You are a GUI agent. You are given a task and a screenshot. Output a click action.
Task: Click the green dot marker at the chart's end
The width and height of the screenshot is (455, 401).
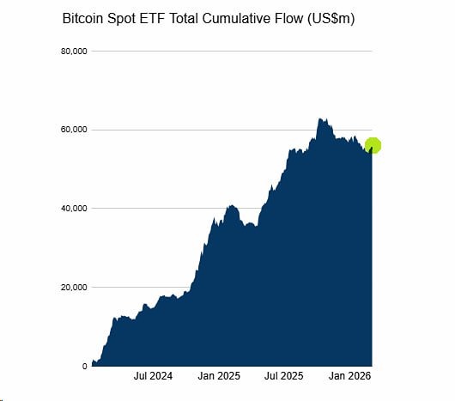(x=373, y=145)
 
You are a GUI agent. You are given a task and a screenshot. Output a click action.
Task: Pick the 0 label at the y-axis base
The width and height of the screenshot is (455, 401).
(x=84, y=366)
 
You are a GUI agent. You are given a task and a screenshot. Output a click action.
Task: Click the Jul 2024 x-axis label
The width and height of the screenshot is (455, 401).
(x=153, y=376)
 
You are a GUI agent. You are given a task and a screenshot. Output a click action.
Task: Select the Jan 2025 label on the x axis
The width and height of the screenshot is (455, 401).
(x=218, y=376)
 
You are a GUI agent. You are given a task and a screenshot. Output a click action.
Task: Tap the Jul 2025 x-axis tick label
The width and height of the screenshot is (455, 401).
(x=284, y=376)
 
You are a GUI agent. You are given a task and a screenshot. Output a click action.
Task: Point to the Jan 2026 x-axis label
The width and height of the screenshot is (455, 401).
(x=350, y=376)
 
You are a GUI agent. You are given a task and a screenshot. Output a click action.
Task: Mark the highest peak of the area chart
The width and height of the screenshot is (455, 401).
(x=319, y=119)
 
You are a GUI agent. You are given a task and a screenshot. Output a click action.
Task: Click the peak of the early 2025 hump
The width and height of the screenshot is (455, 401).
(x=231, y=206)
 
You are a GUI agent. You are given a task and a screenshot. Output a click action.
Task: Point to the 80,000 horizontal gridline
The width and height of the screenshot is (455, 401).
(x=232, y=52)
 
